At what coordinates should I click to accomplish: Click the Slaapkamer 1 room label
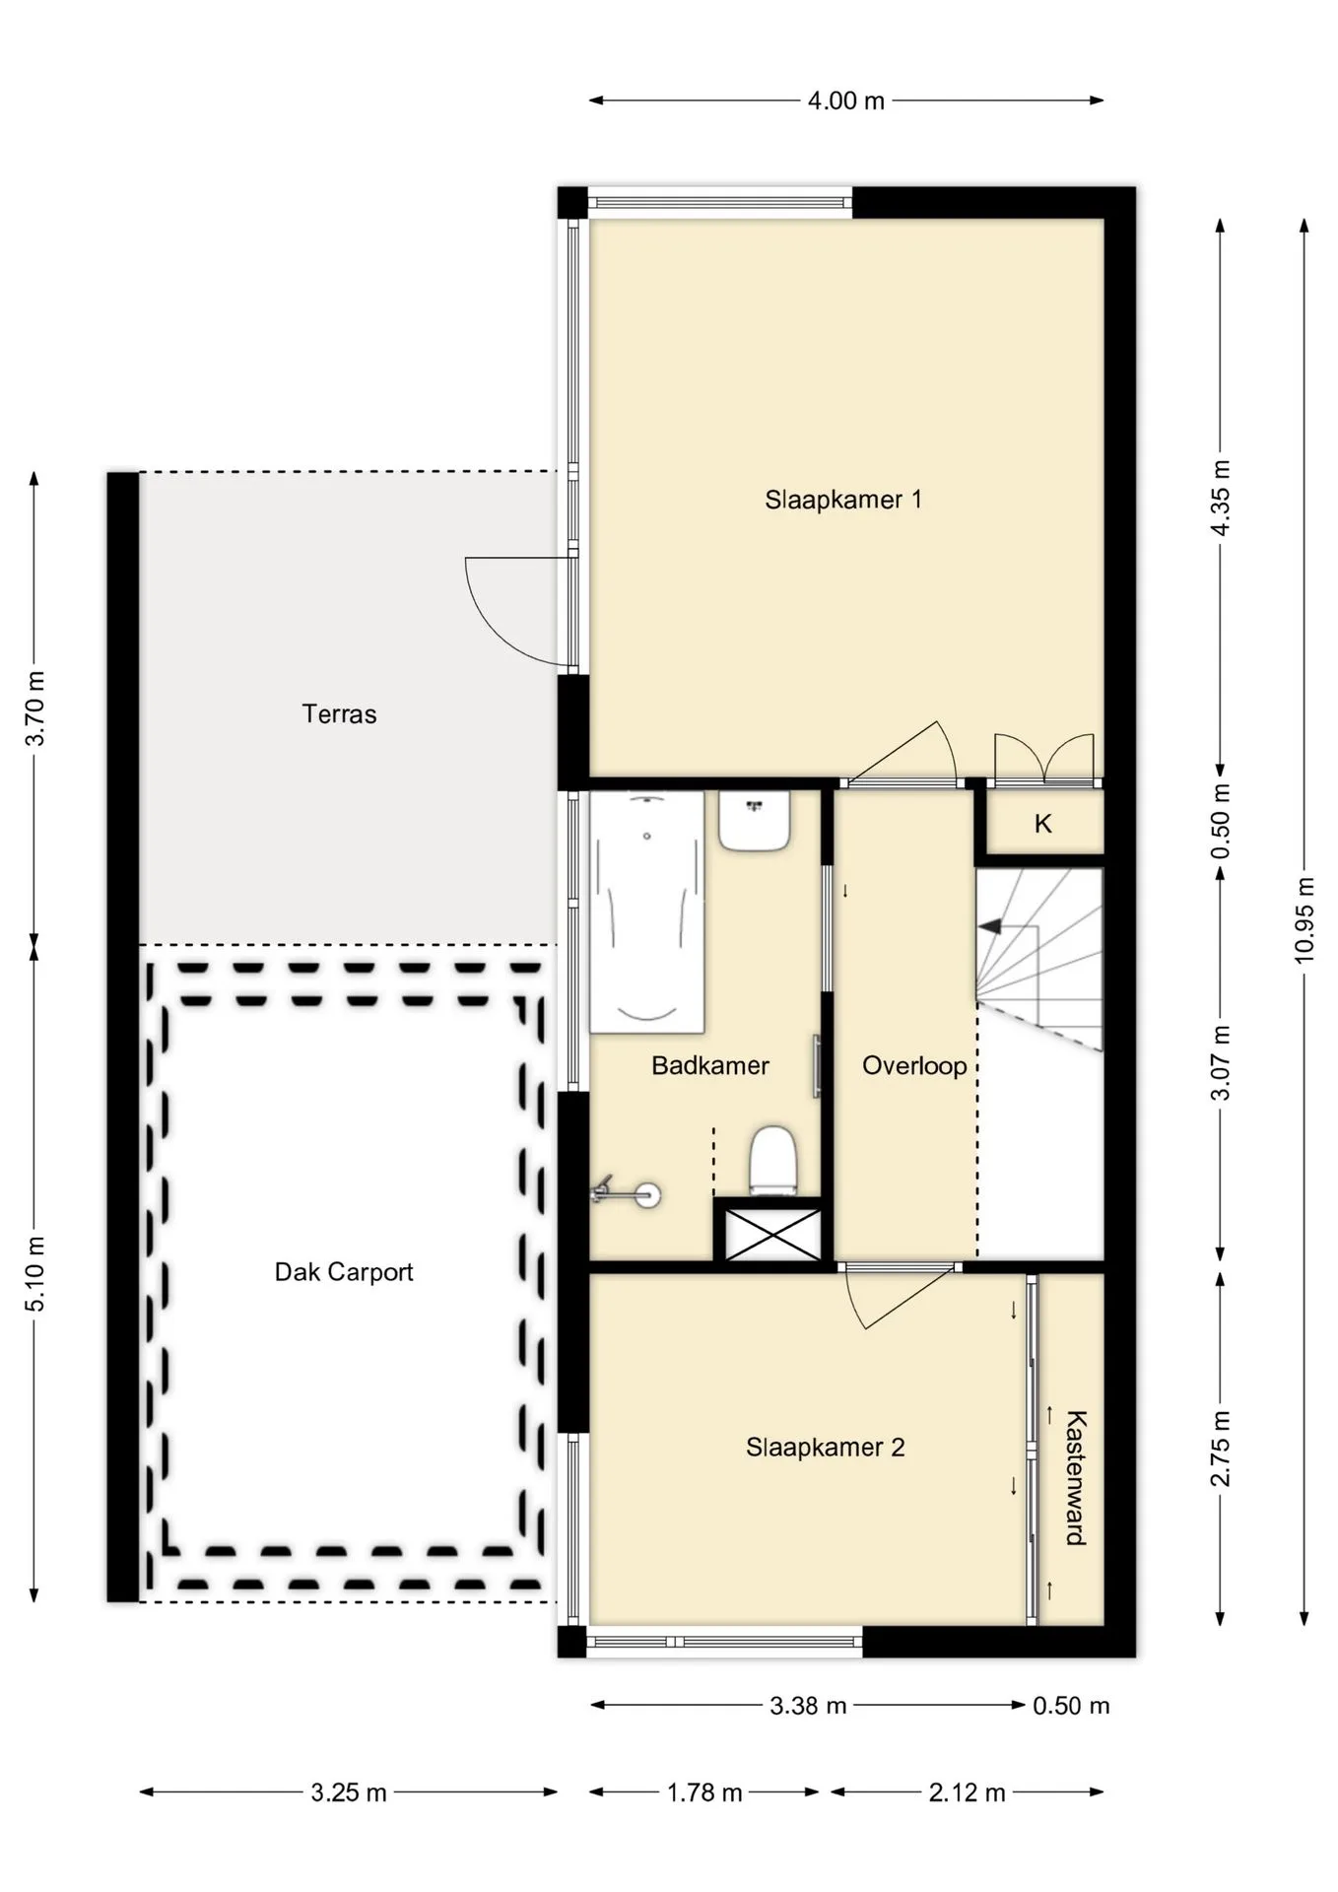843,500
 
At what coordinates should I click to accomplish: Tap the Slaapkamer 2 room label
825,1448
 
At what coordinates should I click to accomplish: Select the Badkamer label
710,1065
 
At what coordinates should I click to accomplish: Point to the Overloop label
914,1065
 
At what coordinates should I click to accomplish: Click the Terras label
339,713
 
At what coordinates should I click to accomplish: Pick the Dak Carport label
344,1272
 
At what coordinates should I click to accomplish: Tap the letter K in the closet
1043,824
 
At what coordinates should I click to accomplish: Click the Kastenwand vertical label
1076,1477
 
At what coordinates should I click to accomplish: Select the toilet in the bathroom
773,1162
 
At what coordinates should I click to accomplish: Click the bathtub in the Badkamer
647,912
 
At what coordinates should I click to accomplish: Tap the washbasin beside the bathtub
755,821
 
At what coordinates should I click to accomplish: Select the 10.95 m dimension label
1305,920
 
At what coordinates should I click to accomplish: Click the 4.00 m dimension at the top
846,101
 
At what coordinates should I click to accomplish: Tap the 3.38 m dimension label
808,1706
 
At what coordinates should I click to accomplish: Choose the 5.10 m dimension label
35,1274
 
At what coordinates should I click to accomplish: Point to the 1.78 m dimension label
704,1792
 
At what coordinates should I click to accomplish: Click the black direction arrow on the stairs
989,926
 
